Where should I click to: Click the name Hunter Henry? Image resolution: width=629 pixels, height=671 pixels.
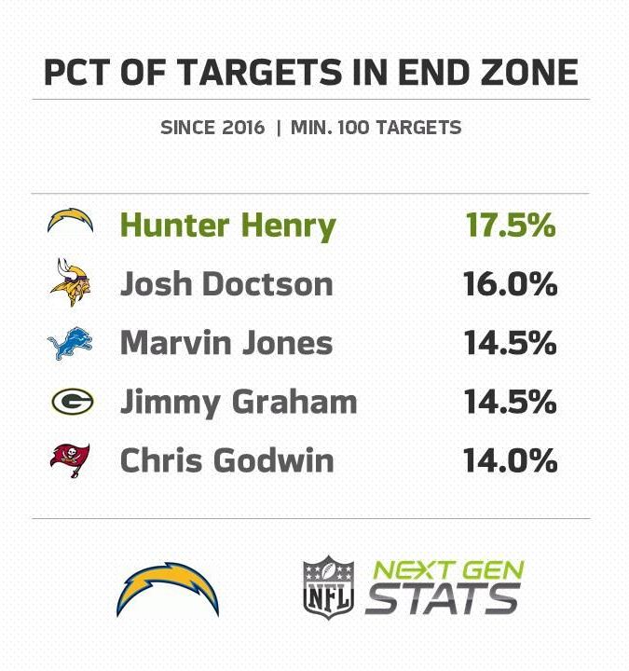227,226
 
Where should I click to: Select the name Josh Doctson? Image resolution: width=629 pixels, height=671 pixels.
226,284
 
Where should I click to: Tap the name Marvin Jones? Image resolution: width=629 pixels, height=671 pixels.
226,343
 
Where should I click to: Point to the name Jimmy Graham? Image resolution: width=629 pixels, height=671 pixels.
239,403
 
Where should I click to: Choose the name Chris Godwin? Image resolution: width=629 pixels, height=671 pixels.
226,460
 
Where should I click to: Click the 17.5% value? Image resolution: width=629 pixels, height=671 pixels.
510,226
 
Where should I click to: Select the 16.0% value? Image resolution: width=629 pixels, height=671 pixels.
510,284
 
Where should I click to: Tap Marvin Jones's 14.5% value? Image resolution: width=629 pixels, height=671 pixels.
510,343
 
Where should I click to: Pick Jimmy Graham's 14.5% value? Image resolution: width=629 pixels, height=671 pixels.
510,403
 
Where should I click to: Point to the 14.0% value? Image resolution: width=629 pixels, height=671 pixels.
510,460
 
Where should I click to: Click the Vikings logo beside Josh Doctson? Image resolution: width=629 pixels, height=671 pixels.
71,283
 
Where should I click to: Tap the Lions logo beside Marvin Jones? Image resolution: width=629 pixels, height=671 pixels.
71,343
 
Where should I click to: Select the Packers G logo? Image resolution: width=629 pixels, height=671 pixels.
71,402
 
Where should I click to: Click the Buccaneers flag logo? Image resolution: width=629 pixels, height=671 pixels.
71,460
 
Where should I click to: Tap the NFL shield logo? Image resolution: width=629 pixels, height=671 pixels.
328,586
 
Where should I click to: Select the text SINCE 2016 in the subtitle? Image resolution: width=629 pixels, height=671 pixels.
213,128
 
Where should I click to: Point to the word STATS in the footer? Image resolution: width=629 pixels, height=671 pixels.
442,599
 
